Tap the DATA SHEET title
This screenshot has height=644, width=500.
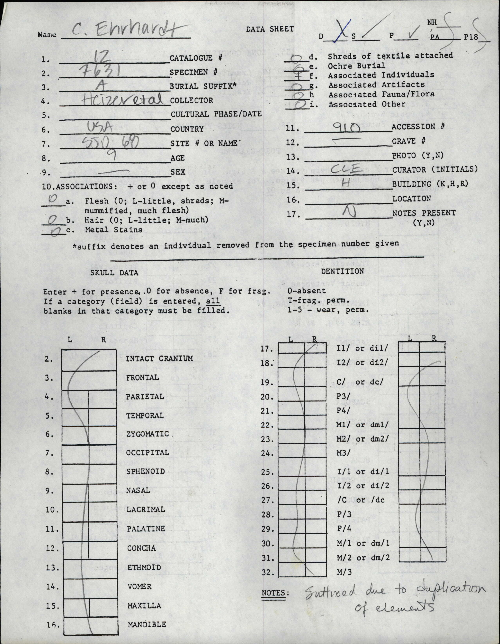[x=270, y=29]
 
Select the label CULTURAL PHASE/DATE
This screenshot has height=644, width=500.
[x=216, y=114]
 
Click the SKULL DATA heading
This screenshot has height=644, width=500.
[x=114, y=273]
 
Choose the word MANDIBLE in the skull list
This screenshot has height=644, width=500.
[x=147, y=624]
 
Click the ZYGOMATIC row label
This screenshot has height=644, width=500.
[x=147, y=434]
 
